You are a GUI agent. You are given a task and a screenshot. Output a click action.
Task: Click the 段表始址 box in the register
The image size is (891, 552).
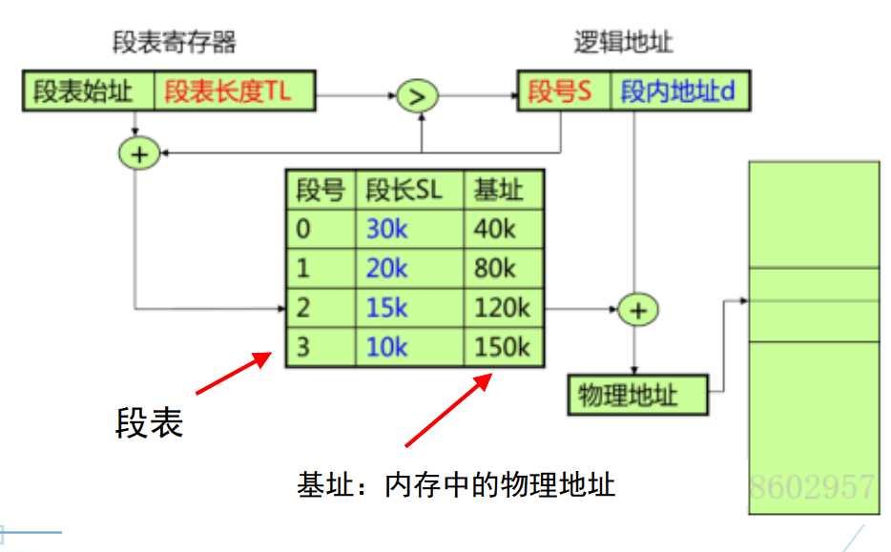click(88, 92)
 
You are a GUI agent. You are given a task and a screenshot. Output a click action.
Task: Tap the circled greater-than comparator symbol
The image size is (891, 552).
click(417, 95)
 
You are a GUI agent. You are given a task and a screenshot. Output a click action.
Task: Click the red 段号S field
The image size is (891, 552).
click(563, 92)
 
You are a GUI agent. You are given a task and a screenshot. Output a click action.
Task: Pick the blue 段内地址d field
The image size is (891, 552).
click(677, 92)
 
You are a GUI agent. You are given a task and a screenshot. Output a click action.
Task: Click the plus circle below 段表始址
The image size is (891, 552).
click(139, 153)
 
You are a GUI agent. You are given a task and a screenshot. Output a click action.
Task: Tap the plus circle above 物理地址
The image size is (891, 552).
click(637, 310)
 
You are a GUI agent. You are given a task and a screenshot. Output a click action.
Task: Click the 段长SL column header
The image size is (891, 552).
click(404, 191)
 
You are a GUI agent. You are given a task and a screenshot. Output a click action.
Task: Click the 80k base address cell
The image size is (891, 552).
click(495, 269)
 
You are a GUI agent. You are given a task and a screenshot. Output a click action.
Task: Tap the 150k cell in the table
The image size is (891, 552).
click(501, 347)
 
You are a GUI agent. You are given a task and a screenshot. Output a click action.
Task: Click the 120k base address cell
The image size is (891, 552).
click(501, 308)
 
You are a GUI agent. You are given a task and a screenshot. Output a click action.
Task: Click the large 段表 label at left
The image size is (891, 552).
click(150, 422)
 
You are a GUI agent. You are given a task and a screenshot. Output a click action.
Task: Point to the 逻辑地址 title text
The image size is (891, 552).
click(623, 43)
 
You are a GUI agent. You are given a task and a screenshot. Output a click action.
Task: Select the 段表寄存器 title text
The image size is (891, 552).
click(174, 43)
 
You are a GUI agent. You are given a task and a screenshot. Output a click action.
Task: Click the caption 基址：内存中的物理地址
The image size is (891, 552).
click(456, 485)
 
